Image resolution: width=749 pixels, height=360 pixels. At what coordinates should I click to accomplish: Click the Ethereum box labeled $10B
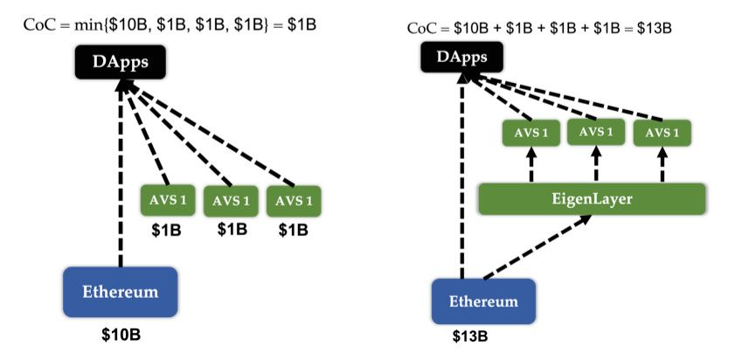[121, 291]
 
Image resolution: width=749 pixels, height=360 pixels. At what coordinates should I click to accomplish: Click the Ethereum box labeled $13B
[483, 301]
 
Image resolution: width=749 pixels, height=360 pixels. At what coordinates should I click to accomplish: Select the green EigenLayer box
[591, 199]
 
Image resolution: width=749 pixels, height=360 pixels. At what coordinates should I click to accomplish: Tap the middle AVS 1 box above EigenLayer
[596, 132]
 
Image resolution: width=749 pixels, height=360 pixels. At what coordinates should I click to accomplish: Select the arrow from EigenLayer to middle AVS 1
[595, 165]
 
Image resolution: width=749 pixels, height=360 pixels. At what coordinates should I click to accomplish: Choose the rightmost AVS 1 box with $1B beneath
[295, 200]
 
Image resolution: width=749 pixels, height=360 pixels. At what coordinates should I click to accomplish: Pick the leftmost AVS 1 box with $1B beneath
[169, 200]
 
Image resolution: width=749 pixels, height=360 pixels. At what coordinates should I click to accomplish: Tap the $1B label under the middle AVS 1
[232, 230]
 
